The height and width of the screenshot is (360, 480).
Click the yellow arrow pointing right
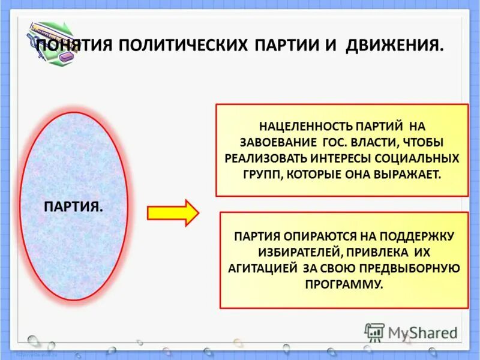[173, 213]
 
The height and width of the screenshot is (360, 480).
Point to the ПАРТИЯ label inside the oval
[73, 206]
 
